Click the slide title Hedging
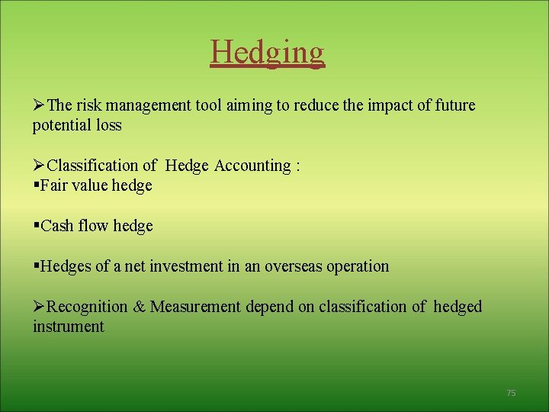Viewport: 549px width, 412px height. click(x=268, y=52)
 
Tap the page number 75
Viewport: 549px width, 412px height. click(x=511, y=393)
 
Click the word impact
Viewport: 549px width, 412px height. click(x=388, y=105)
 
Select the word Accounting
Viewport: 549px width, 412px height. click(x=252, y=166)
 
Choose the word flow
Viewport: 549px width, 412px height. click(x=95, y=226)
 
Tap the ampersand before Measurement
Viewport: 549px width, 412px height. click(x=140, y=307)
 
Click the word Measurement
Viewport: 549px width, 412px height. click(x=195, y=307)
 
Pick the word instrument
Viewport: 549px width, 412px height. click(x=68, y=327)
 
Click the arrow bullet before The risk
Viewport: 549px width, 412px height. click(x=39, y=105)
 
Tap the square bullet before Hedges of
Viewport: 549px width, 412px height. click(x=36, y=266)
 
